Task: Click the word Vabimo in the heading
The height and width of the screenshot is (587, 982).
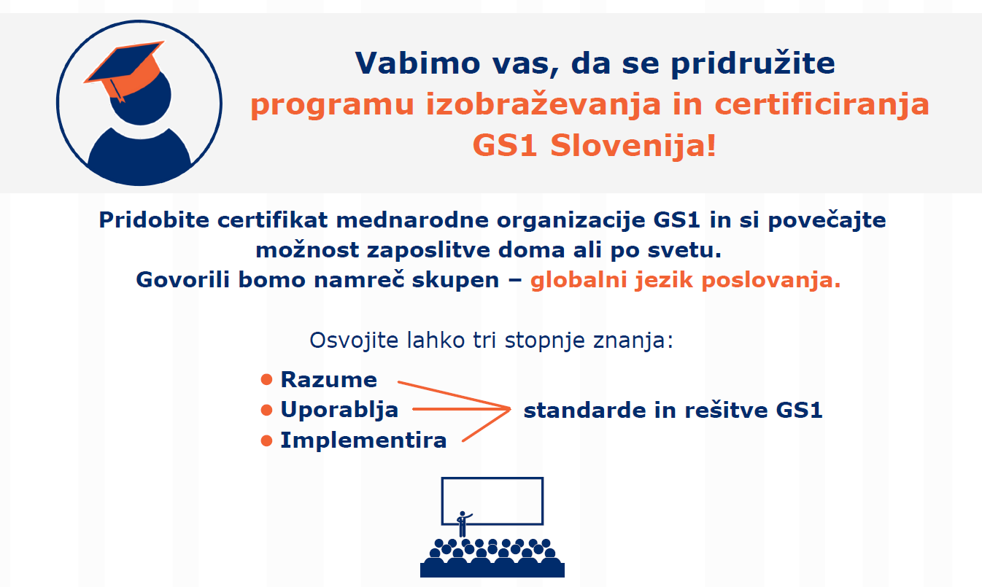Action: (418, 63)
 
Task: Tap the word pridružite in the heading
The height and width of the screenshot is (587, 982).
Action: (753, 63)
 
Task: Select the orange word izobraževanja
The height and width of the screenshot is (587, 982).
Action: (544, 104)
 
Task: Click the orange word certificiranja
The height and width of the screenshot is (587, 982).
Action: (821, 104)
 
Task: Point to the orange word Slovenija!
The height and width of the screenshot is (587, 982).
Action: (633, 145)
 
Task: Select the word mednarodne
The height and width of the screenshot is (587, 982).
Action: (412, 220)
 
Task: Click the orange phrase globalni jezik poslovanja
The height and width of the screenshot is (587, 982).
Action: (686, 280)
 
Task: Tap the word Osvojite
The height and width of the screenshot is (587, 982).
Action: (355, 341)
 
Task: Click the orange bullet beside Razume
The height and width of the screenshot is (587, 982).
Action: (266, 379)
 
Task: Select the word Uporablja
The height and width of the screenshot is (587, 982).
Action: (339, 410)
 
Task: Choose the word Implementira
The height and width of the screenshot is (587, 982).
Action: (363, 440)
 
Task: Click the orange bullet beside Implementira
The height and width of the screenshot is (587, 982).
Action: (266, 440)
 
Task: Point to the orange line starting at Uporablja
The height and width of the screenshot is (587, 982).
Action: (462, 409)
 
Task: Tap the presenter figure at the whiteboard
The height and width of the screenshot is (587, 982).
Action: (463, 524)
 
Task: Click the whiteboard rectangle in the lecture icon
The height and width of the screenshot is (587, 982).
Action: (492, 478)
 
